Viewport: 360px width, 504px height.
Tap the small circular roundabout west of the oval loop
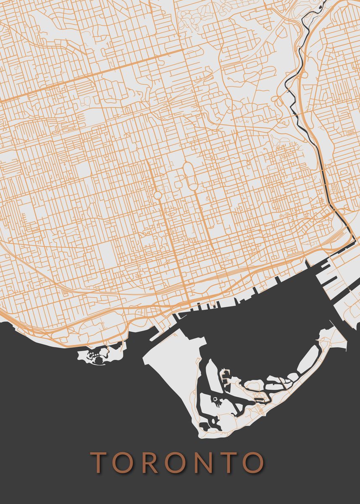point(157,195)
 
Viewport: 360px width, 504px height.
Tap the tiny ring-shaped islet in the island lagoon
point(215,399)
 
